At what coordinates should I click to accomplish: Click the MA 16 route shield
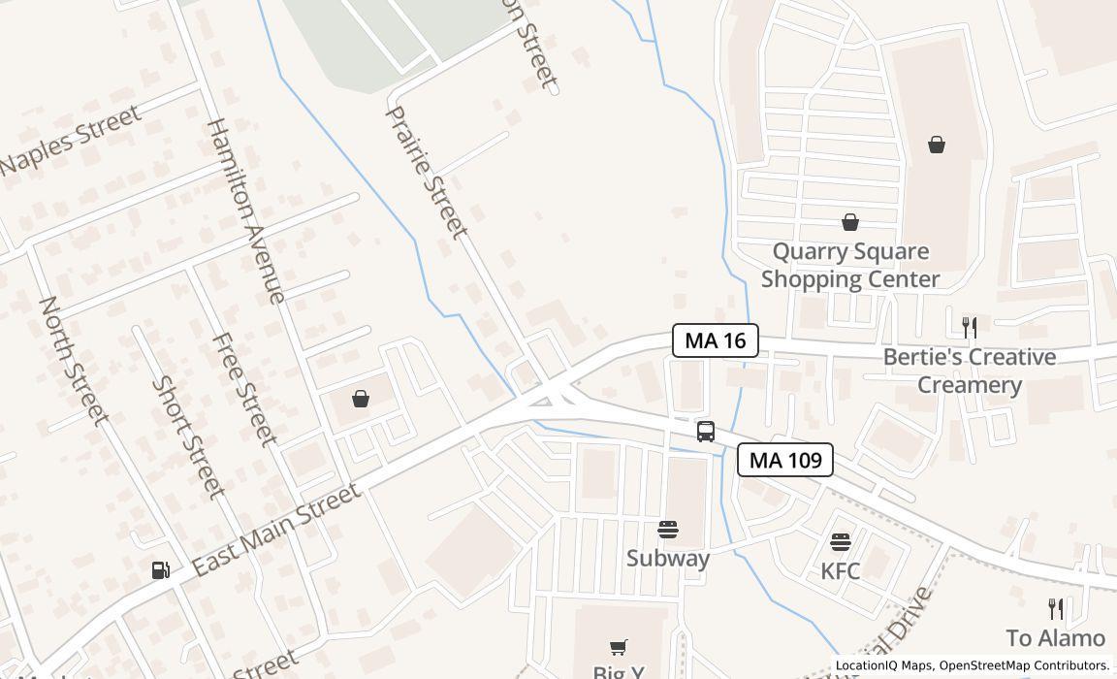716,340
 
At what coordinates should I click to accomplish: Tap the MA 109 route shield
785,460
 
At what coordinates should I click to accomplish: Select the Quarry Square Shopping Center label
850,265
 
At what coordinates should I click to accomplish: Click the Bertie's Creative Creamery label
969,371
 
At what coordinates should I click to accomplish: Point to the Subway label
667,558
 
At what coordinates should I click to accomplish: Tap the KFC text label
840,571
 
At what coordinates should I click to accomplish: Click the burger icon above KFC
841,541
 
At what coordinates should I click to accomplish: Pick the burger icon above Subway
667,530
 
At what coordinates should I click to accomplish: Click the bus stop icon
705,432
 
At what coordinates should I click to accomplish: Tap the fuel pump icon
161,570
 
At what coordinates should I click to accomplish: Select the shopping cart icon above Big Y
618,647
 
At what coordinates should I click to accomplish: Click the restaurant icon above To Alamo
1056,609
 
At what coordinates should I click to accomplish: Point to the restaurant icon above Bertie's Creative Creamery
969,326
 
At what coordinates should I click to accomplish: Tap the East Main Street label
276,530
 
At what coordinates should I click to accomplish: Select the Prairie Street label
427,172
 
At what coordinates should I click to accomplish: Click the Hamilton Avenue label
246,210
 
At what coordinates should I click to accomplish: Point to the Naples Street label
70,140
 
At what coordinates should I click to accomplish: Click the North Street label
72,360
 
